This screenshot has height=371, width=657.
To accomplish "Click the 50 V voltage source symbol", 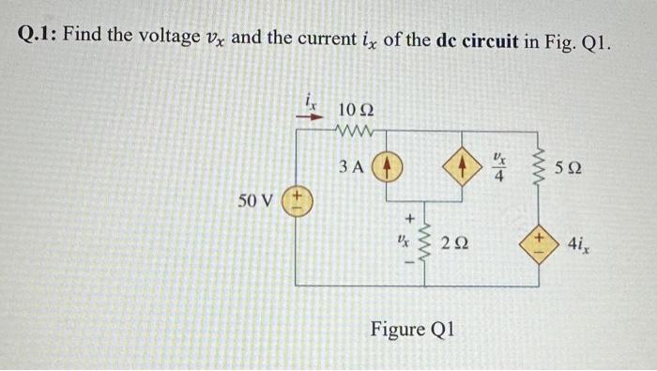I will pyautogui.click(x=296, y=201).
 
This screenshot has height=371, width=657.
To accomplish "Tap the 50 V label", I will pyautogui.click(x=256, y=201).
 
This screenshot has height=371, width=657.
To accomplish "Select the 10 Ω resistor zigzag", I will pyautogui.click(x=356, y=129).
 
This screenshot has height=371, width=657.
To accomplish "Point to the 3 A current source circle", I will pyautogui.click(x=388, y=168).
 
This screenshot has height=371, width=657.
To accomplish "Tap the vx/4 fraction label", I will pyautogui.click(x=499, y=168).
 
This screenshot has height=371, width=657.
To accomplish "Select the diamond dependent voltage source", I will pyautogui.click(x=539, y=246).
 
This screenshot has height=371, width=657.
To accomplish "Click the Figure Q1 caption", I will pyautogui.click(x=412, y=330).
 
